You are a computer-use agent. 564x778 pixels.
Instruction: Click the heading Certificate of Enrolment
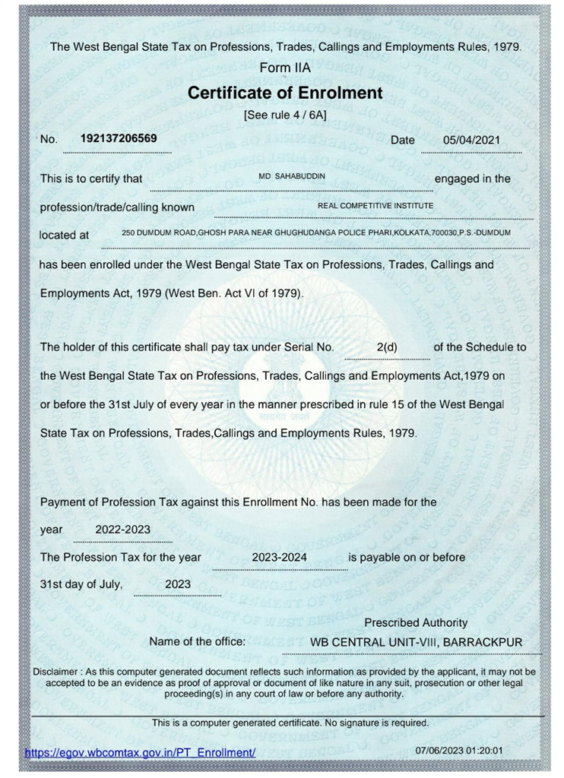point(284,93)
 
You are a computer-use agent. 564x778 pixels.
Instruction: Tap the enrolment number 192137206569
point(119,138)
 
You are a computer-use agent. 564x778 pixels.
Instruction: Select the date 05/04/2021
point(471,140)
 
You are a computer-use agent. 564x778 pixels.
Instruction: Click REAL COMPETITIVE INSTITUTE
point(375,205)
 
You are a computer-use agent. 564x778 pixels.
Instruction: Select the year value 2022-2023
point(122,529)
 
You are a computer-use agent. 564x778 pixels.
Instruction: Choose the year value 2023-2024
point(279,557)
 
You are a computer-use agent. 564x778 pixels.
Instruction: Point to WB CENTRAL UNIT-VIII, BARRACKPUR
point(416,643)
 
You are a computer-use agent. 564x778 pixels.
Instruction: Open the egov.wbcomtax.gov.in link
point(140,752)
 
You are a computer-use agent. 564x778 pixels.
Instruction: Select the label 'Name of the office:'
point(198,642)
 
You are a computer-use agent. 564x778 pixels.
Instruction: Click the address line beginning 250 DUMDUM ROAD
point(315,232)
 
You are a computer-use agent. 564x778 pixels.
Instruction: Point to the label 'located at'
point(64,235)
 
